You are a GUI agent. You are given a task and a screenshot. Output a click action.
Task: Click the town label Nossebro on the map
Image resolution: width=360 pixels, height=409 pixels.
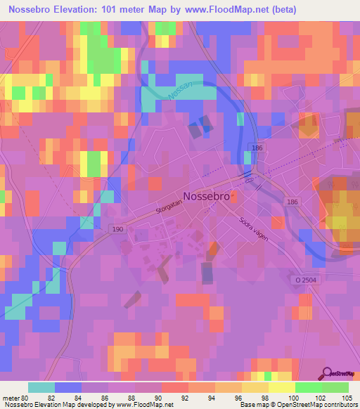pos(206,197)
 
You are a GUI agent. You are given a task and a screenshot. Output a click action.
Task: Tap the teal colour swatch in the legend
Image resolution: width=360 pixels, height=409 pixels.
pos(41,387)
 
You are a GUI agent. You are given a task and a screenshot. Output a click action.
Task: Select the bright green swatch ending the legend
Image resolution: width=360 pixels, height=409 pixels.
pos(335,387)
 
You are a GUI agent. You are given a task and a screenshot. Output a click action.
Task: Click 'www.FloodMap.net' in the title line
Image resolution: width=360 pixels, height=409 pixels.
pos(213,10)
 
